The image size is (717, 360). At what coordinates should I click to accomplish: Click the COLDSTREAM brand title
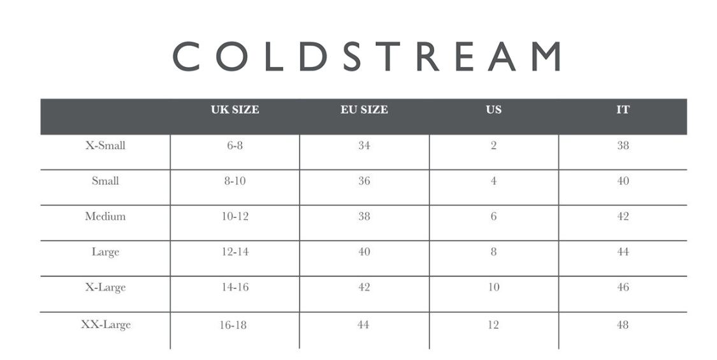coord(366,57)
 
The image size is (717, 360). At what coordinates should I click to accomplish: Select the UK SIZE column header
coord(235,110)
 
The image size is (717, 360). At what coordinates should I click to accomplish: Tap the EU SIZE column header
coord(364,110)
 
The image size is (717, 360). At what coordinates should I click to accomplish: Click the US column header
coord(493,110)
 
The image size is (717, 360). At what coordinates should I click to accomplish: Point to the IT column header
coord(623,110)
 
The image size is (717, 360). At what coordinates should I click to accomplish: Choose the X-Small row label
coord(105,145)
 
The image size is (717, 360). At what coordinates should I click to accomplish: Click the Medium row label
coord(105,216)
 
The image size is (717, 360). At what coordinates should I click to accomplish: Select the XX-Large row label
coord(105,324)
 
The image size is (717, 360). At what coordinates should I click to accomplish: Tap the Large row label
coord(105,252)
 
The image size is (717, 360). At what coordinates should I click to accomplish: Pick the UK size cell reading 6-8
coord(235,145)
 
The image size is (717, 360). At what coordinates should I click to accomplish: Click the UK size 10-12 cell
coord(235,216)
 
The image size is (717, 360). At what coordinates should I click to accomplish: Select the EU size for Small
coord(364,181)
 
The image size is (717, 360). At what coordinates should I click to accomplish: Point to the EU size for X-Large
coord(364,287)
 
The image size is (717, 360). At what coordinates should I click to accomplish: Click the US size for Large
coord(493,252)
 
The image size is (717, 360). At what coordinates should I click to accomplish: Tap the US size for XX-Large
coord(493,324)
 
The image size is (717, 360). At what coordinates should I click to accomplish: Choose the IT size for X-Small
coord(623,145)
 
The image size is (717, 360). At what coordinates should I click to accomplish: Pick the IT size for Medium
coord(623,216)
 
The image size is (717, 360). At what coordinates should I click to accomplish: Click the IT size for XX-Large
coord(623,324)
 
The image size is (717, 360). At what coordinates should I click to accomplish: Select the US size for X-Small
coord(493,145)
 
